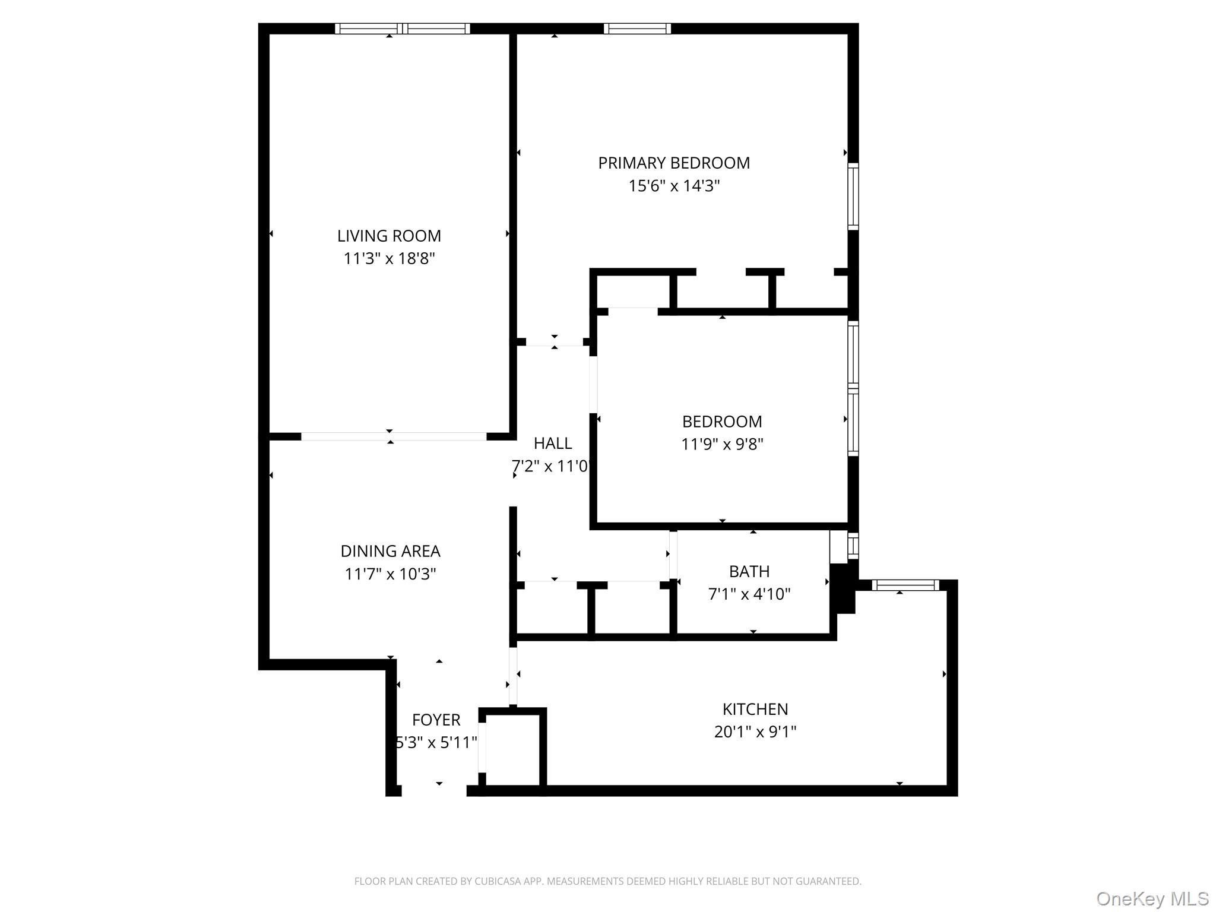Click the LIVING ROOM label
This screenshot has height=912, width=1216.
(x=389, y=236)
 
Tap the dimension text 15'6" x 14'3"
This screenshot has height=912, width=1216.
(x=674, y=186)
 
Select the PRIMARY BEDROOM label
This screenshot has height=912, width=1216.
(x=674, y=163)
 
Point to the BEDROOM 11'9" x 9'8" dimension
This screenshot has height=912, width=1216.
(x=722, y=444)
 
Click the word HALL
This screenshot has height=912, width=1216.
(x=553, y=443)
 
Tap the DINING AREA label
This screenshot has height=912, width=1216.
(x=390, y=551)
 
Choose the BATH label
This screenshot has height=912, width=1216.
(x=749, y=571)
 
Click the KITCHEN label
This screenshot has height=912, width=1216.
(x=755, y=709)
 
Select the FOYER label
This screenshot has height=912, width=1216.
(x=436, y=720)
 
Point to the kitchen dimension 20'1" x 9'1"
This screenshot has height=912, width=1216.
(x=755, y=731)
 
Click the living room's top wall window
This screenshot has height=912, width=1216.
(x=403, y=28)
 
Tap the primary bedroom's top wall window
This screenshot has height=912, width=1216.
(x=637, y=28)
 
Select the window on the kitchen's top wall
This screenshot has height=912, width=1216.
(x=905, y=585)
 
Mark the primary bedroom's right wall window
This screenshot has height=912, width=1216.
(x=853, y=196)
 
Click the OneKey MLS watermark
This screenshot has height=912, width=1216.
(x=1152, y=898)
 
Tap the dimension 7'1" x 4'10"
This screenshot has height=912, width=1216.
(x=749, y=594)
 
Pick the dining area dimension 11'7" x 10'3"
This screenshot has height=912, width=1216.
(x=390, y=574)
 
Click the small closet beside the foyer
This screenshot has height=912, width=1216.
(x=513, y=749)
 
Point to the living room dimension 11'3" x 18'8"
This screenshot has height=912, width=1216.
(x=389, y=258)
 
